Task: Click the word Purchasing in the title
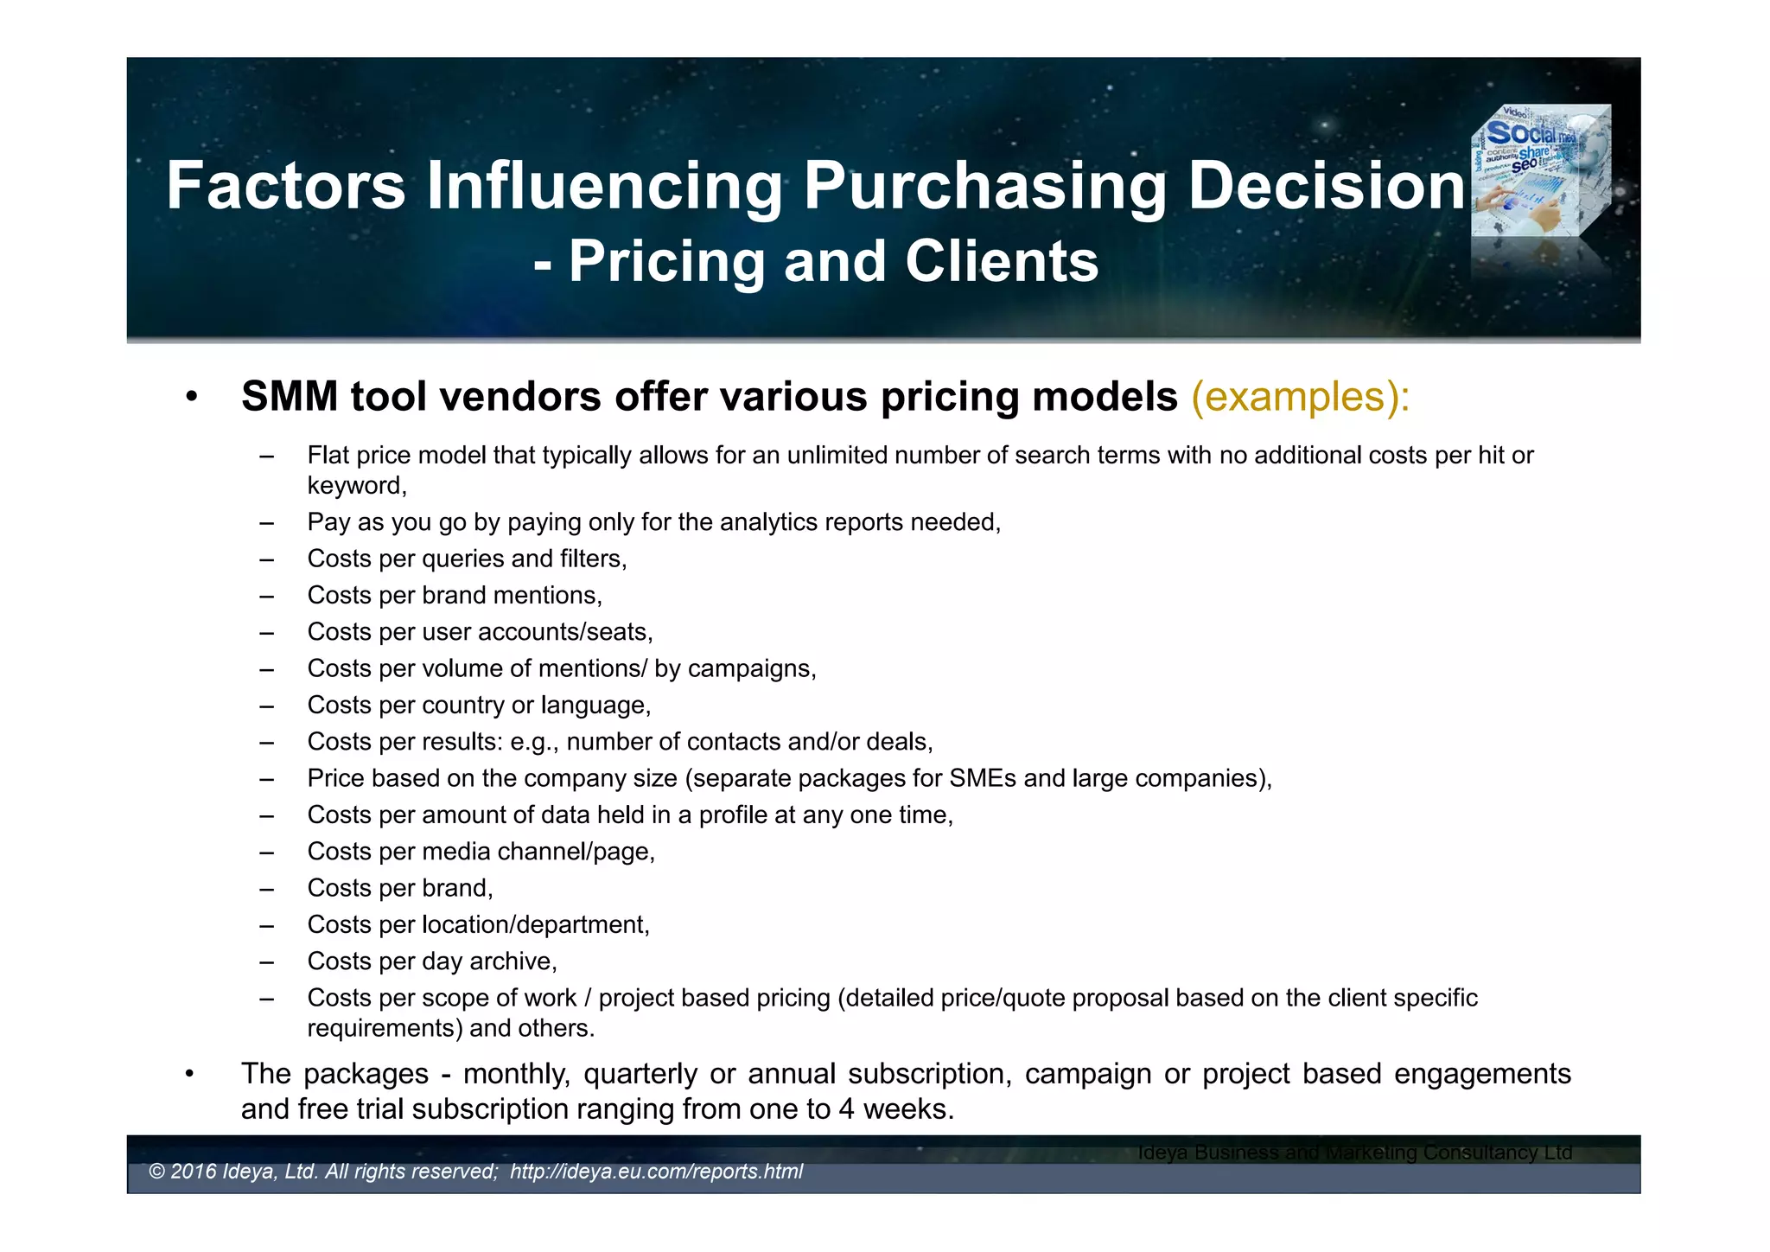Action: point(984,186)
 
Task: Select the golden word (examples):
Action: point(1300,397)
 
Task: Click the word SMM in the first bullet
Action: point(290,397)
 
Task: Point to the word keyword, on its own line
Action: point(357,486)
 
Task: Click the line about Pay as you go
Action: point(653,522)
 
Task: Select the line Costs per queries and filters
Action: point(467,559)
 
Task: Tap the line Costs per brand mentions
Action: point(455,595)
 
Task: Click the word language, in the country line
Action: point(595,706)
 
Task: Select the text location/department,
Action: point(536,925)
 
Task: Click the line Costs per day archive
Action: point(432,961)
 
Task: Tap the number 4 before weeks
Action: point(846,1109)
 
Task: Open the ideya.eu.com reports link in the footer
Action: point(656,1172)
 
